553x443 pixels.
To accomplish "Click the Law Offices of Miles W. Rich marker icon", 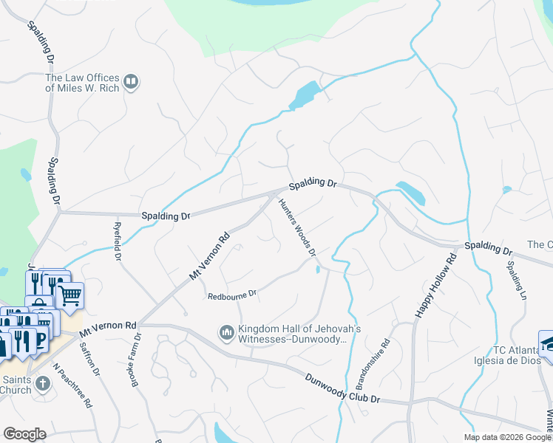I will point(131,82).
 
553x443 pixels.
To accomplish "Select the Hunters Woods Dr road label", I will point(297,227).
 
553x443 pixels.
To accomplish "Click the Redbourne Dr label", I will point(232,293).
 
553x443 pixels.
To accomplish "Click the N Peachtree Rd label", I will point(72,384).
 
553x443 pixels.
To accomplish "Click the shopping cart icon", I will point(69,296).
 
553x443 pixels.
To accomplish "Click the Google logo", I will point(25,434).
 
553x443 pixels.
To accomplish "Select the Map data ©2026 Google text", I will point(506,437).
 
